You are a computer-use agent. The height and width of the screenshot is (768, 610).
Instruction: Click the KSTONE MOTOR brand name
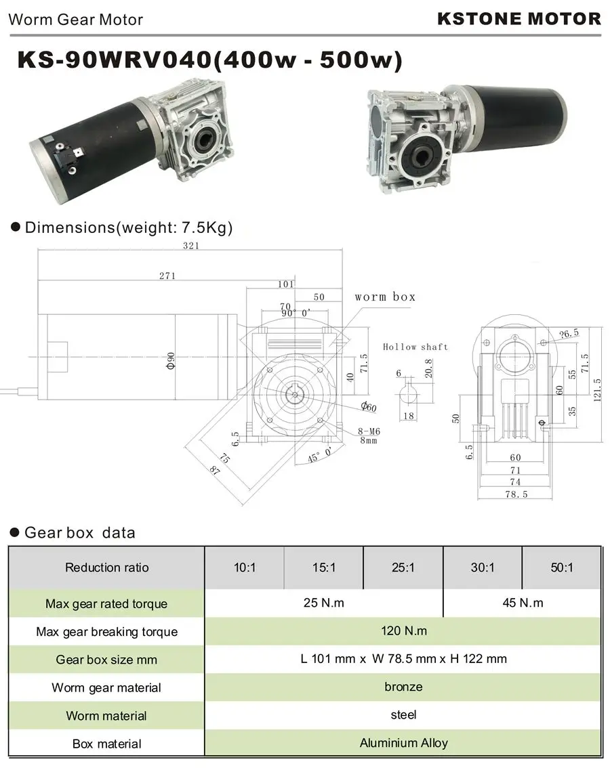518,19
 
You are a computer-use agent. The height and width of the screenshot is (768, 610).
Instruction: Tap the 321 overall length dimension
191,245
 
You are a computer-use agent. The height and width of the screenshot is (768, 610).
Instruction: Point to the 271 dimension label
167,276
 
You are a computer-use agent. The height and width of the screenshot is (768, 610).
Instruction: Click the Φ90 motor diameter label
171,361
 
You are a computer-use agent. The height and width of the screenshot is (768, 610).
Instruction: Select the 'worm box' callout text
385,297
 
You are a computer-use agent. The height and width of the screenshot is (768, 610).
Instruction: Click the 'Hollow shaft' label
415,347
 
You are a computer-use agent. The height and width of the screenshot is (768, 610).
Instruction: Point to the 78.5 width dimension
516,494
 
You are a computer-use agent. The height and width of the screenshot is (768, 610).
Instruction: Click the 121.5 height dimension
596,390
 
